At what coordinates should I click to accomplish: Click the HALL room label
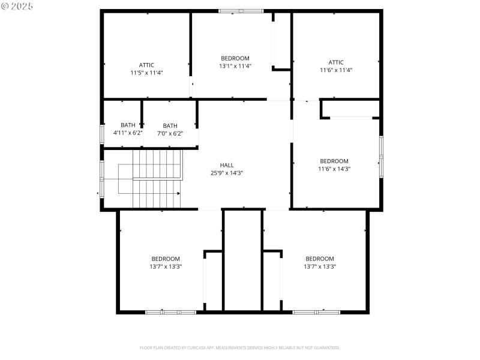[227, 165]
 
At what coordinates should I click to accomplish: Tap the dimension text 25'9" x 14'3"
[227, 173]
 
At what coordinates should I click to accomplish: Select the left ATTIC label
[146, 65]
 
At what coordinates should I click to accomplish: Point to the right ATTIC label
[336, 62]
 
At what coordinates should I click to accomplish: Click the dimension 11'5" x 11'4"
[146, 73]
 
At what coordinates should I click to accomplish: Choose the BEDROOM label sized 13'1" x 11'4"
[235, 58]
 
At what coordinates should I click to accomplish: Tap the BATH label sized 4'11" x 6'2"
[128, 125]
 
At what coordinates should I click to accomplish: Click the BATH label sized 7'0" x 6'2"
[170, 125]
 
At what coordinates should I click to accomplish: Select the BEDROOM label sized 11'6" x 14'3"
[334, 161]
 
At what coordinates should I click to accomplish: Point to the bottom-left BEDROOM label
[166, 259]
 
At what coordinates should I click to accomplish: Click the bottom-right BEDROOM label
[320, 259]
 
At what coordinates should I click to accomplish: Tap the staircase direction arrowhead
[179, 193]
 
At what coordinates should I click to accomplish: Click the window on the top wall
[241, 11]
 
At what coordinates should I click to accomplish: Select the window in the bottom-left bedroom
[170, 312]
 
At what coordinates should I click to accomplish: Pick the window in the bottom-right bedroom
[316, 312]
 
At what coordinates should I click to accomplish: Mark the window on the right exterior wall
[380, 157]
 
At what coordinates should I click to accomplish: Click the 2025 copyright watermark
[17, 5]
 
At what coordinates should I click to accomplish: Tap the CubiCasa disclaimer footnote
[240, 347]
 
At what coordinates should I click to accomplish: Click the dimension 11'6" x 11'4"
[336, 70]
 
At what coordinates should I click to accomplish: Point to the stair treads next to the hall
[157, 179]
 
